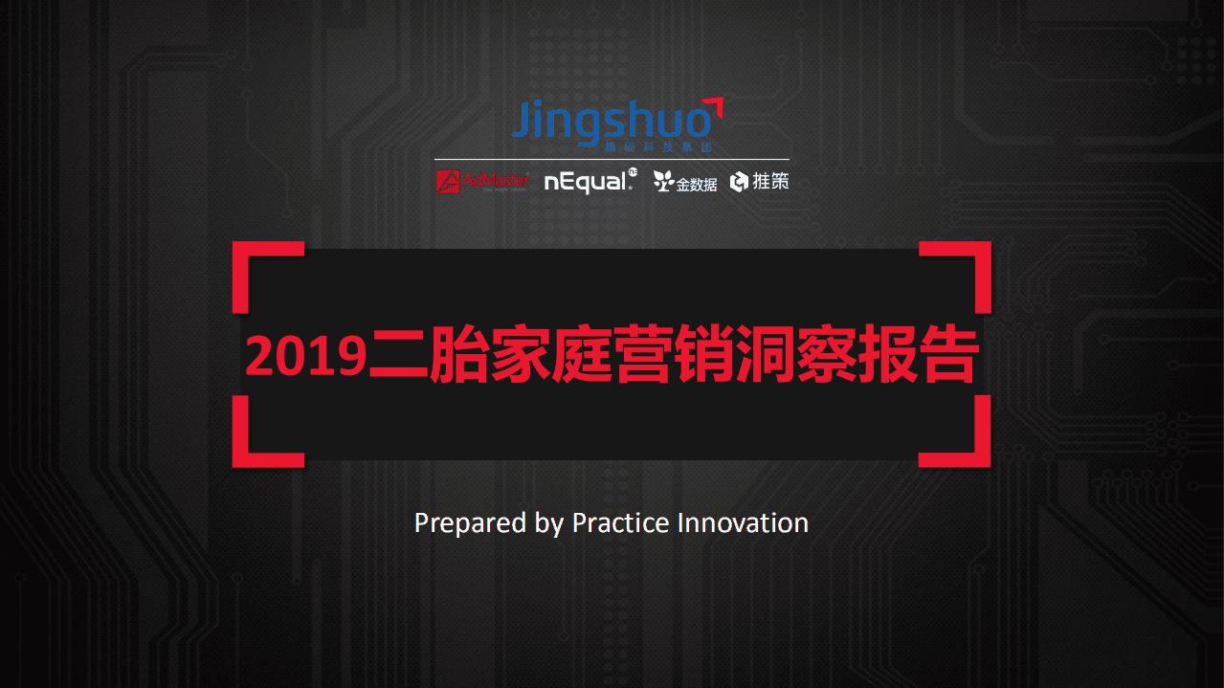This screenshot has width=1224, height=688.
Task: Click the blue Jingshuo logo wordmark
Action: [611, 122]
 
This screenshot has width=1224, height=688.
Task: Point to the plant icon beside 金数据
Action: [663, 181]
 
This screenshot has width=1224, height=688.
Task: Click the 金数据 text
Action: [697, 184]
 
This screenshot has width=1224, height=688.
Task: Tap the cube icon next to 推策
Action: [739, 182]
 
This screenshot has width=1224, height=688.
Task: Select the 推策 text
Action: [771, 181]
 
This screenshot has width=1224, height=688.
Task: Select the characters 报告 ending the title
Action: [919, 357]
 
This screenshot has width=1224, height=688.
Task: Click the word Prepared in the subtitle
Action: [459, 524]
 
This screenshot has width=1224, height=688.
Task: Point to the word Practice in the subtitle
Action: [620, 523]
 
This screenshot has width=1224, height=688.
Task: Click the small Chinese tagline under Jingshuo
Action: [659, 148]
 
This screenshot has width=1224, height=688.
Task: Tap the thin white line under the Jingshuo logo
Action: [612, 159]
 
